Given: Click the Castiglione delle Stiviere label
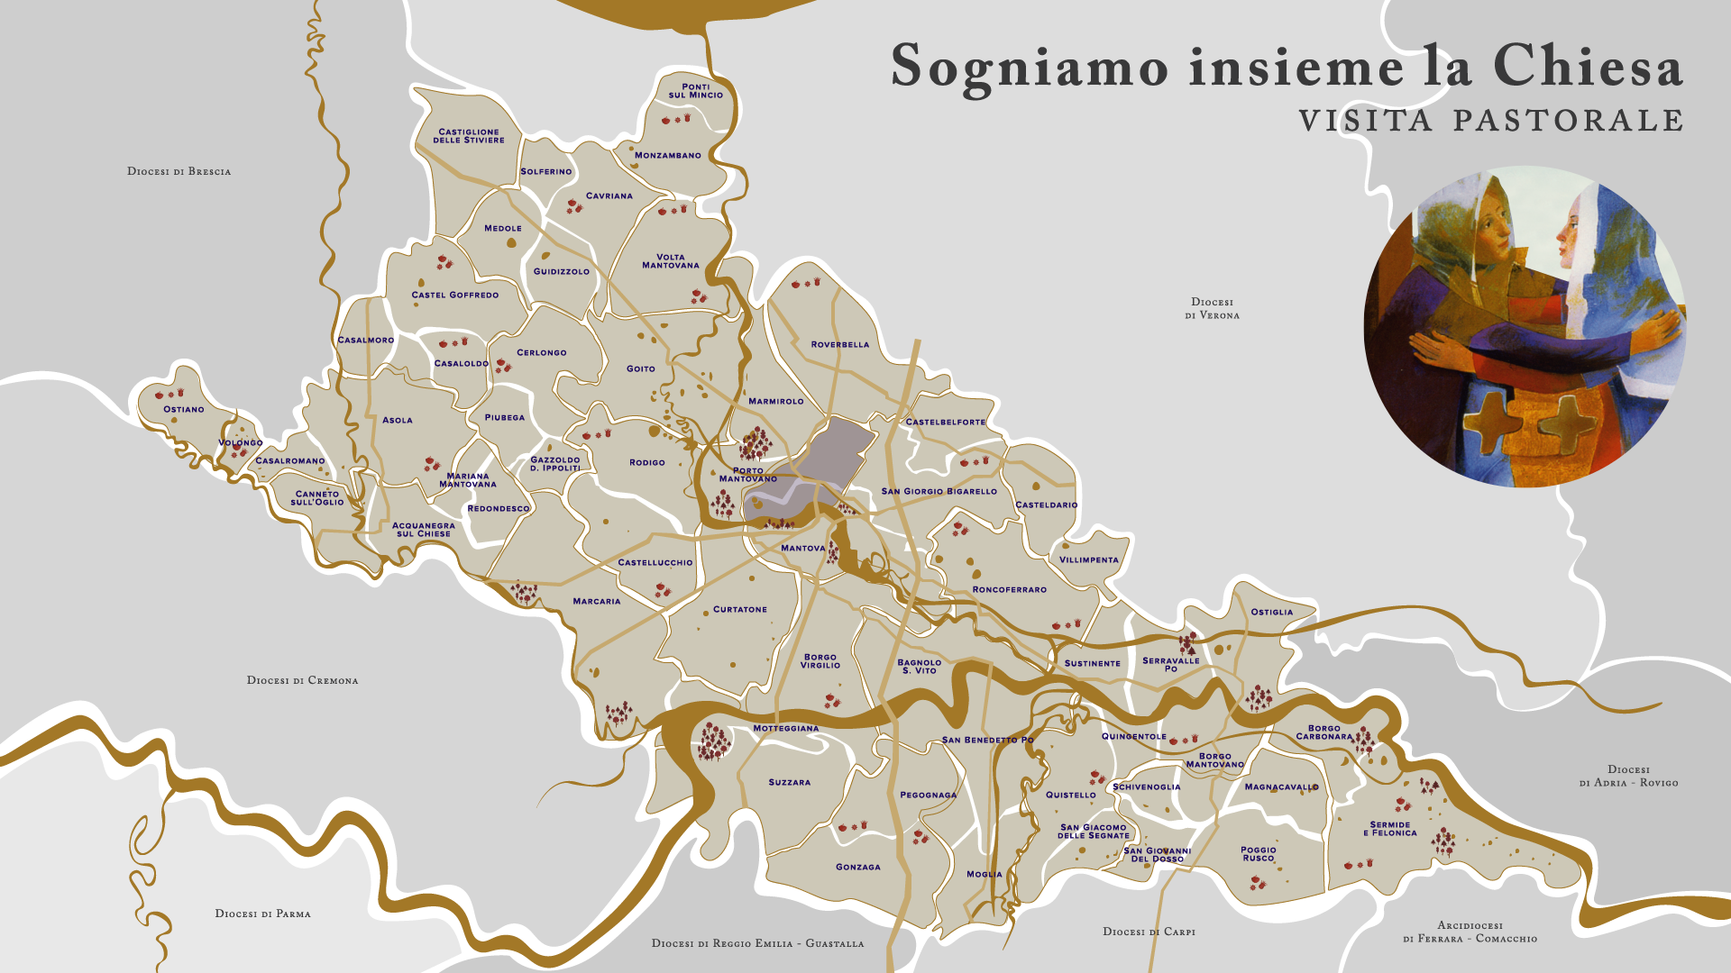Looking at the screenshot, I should [x=469, y=136].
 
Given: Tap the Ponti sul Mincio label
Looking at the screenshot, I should [x=695, y=91].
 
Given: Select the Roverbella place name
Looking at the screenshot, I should [x=839, y=344].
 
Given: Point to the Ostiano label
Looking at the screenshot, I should [x=183, y=409].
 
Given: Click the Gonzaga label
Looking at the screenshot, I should [x=857, y=867].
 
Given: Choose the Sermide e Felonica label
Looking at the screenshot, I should [x=1389, y=829].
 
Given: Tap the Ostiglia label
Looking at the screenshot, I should [x=1271, y=612].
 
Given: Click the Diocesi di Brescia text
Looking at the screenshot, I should [x=179, y=171].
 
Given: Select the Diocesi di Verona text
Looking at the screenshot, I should [x=1212, y=308].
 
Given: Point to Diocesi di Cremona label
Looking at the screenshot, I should [x=302, y=680].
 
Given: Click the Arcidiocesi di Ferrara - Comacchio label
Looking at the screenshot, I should [x=1470, y=932].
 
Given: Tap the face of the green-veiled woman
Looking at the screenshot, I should [x=1492, y=230].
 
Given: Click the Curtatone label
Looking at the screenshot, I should [x=739, y=610].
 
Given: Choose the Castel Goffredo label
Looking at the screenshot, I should [x=454, y=295].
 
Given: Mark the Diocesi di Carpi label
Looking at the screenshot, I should [x=1149, y=932].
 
